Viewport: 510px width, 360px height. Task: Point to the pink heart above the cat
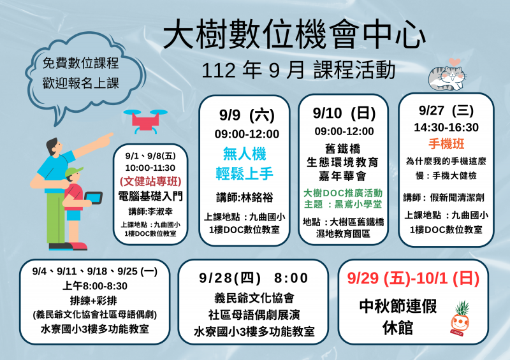pos(453,62)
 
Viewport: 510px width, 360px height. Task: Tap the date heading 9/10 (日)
pos(344,113)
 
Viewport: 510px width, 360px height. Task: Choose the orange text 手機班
pos(446,144)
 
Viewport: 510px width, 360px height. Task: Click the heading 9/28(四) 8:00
pos(254,278)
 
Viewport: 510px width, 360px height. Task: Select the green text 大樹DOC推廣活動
pos(344,192)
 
